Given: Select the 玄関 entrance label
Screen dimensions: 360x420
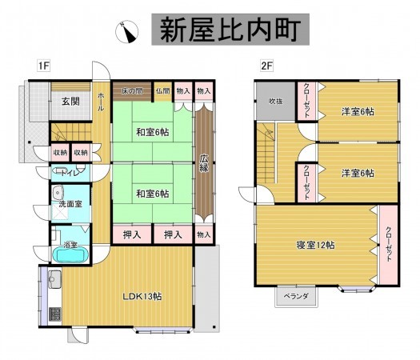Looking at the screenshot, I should point(70,102).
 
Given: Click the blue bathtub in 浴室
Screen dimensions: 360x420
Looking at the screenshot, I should point(69,254).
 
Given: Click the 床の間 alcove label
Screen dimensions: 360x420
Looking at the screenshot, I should point(133,91).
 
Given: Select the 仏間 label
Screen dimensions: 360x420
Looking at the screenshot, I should point(163,91).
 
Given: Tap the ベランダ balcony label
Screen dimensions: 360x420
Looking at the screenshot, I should point(294,296).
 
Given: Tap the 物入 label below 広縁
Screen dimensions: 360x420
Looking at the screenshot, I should point(205,234).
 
